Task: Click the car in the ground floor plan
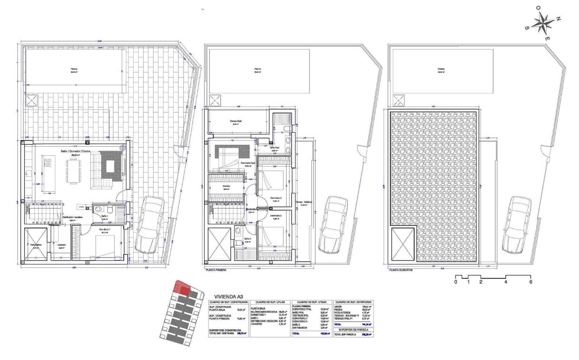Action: [149, 224]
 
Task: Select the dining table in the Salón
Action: [72, 170]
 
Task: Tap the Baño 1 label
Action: [105, 216]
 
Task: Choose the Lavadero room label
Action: [61, 245]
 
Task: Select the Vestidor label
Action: [227, 186]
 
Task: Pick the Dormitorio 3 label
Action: [276, 198]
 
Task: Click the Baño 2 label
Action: [248, 238]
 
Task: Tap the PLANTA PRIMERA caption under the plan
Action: [216, 270]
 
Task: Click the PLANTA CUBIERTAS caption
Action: [400, 270]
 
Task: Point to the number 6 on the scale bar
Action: [531, 282]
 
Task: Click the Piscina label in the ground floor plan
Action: [74, 69]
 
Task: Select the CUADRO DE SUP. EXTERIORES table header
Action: [353, 302]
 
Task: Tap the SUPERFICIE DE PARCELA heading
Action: [353, 330]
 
